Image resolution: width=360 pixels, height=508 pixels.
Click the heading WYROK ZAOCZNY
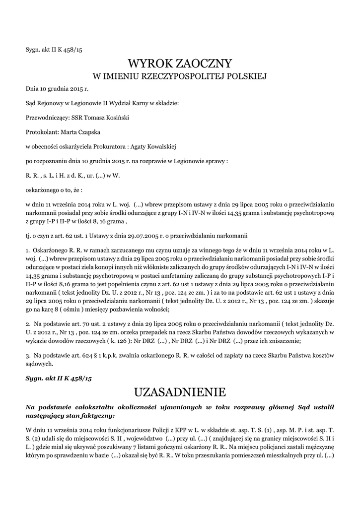coord(180,63)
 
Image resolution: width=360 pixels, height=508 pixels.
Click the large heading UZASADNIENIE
coord(180,392)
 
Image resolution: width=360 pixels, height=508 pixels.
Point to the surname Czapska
coord(89,132)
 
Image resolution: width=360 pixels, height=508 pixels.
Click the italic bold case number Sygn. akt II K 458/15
coord(59,379)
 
